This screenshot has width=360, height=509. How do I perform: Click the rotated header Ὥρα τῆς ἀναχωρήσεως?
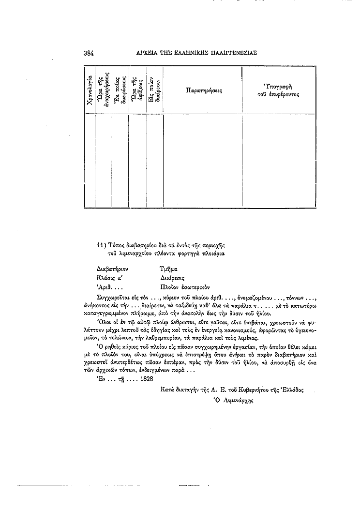[104, 90]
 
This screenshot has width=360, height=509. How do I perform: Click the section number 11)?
[101, 245]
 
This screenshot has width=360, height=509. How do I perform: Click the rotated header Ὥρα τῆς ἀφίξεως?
[137, 90]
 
